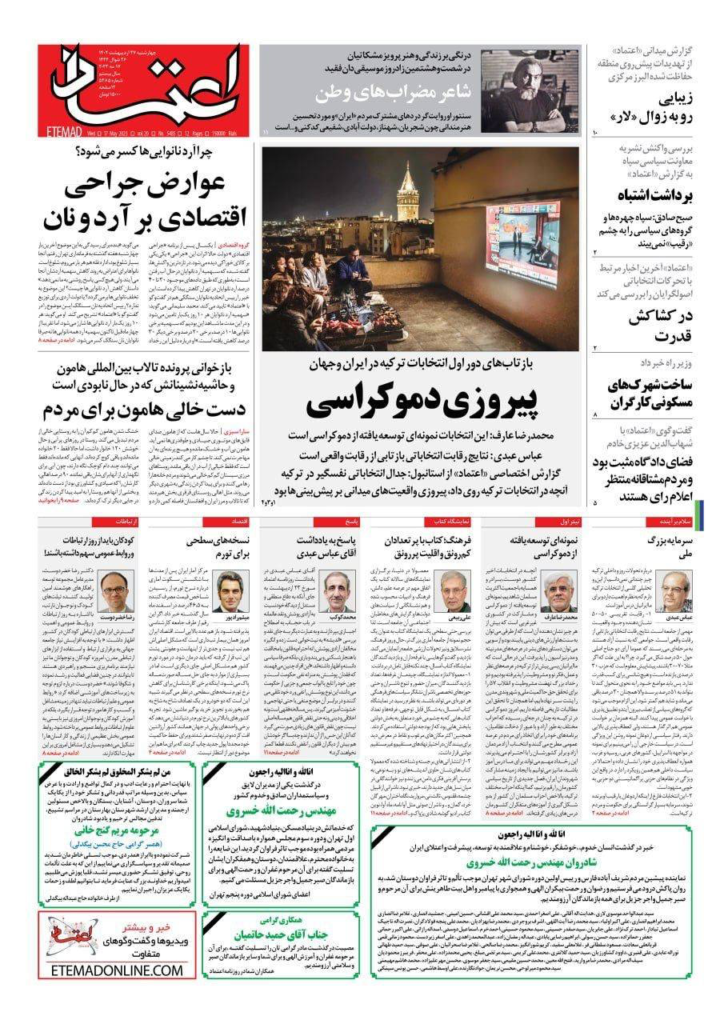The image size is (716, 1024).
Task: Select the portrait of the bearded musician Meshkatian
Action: pos(530,90)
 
